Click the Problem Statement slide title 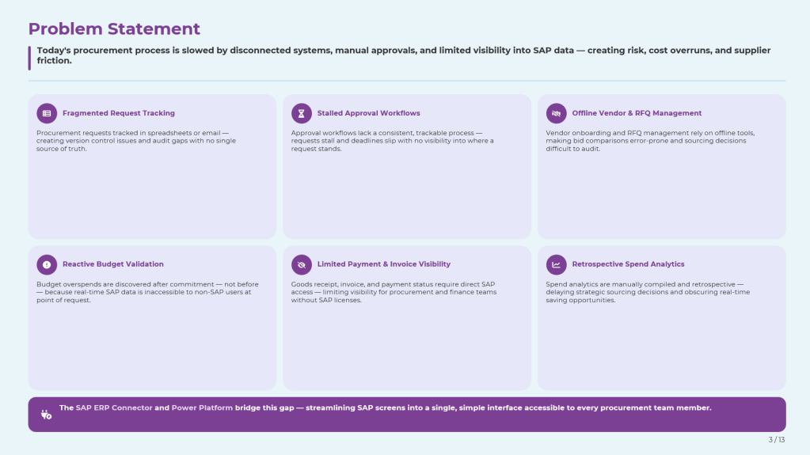click(114, 29)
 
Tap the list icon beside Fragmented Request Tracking click(47, 113)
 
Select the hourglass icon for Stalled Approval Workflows click(301, 113)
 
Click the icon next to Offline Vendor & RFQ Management click(557, 113)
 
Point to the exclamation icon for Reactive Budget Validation click(47, 264)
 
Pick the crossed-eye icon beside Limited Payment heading click(301, 264)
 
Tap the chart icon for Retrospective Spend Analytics click(557, 264)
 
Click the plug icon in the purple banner click(46, 414)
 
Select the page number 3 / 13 click(777, 439)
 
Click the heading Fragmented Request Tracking click(119, 113)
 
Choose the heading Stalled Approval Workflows click(368, 113)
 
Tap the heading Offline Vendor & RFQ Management click(637, 113)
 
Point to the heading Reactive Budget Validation click(113, 264)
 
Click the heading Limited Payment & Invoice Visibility click(384, 264)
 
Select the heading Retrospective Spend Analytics click(628, 264)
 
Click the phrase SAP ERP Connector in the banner click(114, 408)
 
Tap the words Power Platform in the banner click(202, 408)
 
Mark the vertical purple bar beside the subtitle click(29, 58)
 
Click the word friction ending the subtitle click(55, 60)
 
